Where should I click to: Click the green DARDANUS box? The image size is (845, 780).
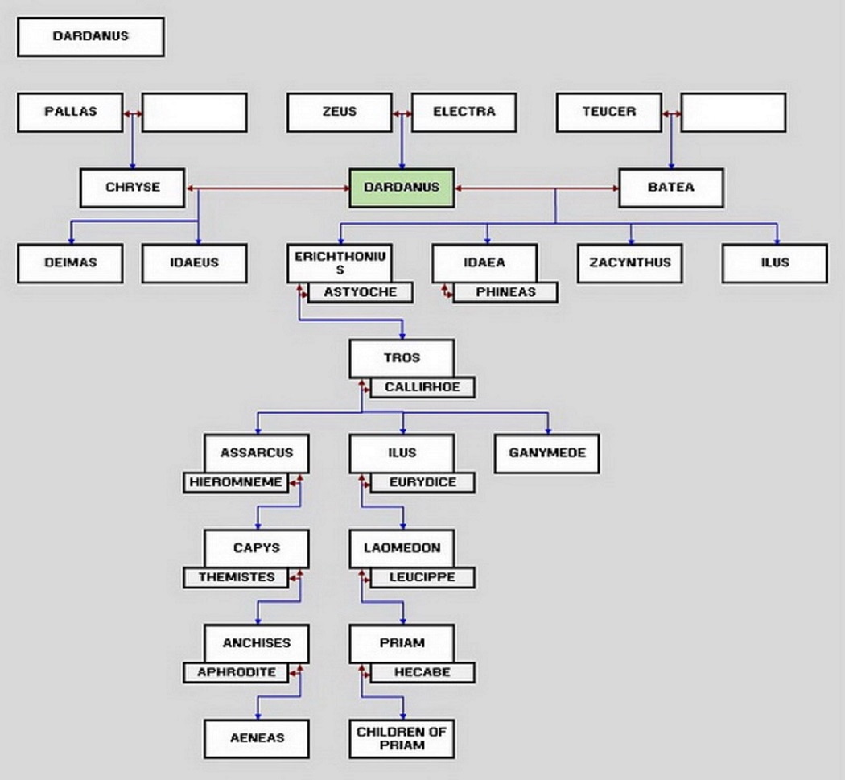coord(402,188)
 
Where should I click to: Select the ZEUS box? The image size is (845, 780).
coord(340,112)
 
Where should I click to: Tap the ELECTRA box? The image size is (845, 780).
coord(464,112)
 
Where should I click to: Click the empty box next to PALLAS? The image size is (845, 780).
coord(195,112)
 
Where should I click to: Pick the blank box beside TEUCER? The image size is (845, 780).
coord(733,112)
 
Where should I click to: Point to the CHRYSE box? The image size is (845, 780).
coord(133,188)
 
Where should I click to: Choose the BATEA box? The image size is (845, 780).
coord(671,188)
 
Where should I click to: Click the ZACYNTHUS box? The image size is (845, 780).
coord(629,263)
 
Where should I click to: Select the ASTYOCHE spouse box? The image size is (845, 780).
coord(360,292)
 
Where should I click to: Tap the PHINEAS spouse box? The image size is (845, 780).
coord(505,292)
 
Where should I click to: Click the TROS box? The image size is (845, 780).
coord(402,357)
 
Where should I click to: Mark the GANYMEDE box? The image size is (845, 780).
coord(547,453)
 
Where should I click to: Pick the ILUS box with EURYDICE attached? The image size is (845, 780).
coord(402,452)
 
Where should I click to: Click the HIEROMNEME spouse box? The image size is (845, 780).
coord(235,482)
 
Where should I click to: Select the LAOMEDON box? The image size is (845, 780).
coord(402,548)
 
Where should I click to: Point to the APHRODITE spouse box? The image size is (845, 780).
coord(235,672)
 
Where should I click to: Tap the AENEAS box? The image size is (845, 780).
coord(257,738)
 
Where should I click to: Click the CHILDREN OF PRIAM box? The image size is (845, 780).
coord(402,738)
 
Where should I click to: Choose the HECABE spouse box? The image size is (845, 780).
coord(422,672)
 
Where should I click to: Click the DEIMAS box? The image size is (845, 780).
coord(71,263)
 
